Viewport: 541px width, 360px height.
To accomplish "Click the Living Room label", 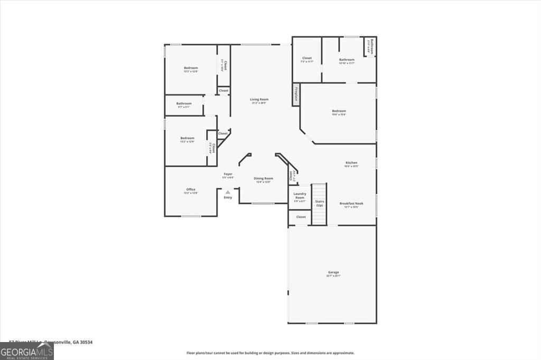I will click(259, 99).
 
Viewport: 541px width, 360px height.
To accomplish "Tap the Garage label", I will click(333, 272).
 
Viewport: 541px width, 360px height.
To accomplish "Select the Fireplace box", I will click(296, 95).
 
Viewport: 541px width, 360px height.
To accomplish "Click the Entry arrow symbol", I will click(228, 192).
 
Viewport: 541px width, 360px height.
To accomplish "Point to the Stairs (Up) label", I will click(320, 203).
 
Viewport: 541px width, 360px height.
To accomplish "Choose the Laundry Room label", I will click(300, 196).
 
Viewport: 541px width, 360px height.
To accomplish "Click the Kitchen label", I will click(351, 163).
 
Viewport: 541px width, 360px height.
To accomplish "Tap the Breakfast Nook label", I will click(351, 203).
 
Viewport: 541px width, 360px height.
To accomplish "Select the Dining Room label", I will click(264, 178).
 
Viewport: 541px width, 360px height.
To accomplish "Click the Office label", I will click(191, 190).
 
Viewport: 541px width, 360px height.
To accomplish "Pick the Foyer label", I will click(228, 174).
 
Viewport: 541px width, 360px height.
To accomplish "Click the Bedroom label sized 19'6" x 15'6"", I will click(339, 111).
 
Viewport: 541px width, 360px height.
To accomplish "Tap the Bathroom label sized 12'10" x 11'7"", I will click(347, 60).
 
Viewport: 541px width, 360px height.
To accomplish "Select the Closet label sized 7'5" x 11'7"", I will click(307, 58).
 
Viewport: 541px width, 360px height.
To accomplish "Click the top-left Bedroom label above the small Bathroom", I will click(191, 68).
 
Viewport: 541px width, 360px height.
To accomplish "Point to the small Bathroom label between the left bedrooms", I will click(184, 103).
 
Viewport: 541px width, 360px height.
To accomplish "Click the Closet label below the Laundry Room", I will click(301, 217).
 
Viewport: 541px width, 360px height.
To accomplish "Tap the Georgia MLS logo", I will click(26, 352).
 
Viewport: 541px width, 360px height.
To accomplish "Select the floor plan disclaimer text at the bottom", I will click(270, 353).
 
